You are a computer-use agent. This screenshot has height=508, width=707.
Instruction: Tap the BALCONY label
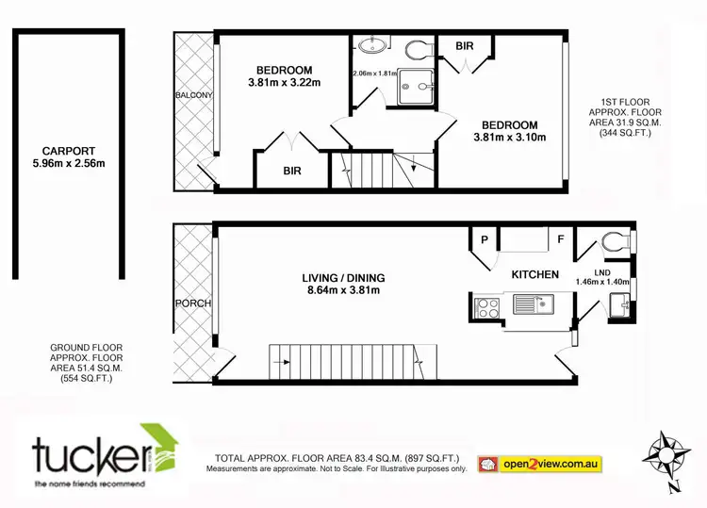(192, 95)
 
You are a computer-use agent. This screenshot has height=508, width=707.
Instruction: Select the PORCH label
(192, 303)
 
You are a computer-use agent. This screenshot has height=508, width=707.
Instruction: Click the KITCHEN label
(535, 274)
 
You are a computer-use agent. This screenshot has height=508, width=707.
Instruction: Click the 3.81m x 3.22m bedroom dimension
(284, 83)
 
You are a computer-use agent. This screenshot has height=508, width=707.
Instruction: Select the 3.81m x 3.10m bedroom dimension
(509, 138)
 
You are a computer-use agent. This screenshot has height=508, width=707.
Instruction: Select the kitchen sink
(533, 304)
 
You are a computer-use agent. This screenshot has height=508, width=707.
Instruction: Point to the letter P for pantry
(485, 240)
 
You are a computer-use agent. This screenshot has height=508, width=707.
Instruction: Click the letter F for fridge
(560, 240)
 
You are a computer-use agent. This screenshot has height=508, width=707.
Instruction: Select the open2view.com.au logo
(540, 464)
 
